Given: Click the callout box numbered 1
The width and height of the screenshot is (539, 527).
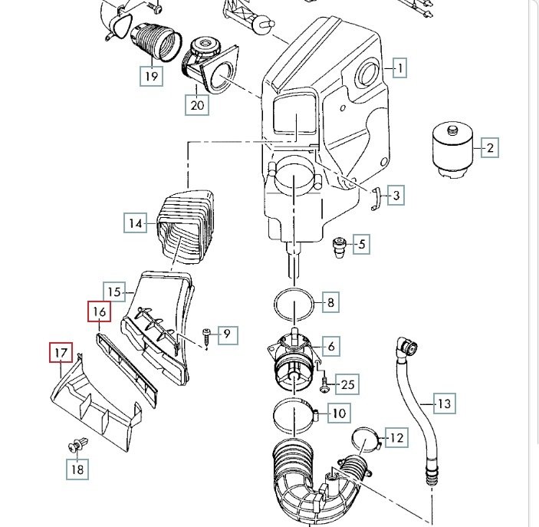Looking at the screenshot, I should coord(399,68).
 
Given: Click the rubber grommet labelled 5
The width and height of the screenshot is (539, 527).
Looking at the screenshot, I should coord(338,249).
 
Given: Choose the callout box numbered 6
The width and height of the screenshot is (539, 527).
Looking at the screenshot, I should coord(331,347).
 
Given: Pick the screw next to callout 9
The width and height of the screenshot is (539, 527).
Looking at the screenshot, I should coord(208,334).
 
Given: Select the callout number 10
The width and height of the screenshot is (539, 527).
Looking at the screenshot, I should coord(339,413).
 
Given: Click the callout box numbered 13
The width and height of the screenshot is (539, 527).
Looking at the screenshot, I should coord(445,403).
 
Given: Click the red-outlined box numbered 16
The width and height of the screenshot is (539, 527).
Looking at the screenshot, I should coord(99,312).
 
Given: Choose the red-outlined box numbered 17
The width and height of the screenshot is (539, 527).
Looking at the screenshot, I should coord(61,354).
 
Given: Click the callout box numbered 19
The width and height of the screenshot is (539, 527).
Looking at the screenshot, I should coord(151,76).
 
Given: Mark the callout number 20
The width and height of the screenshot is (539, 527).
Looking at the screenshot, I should coord(198,105).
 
